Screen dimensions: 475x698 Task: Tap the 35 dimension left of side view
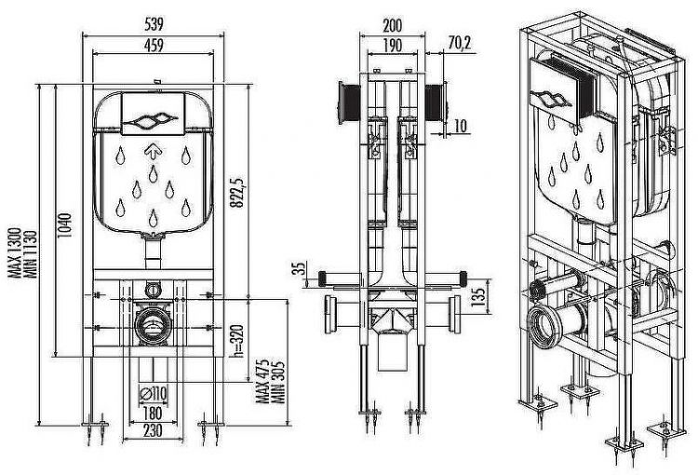click(298, 270)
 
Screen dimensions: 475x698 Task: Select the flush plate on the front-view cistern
click(155, 118)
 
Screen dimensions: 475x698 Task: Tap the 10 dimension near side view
click(462, 124)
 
